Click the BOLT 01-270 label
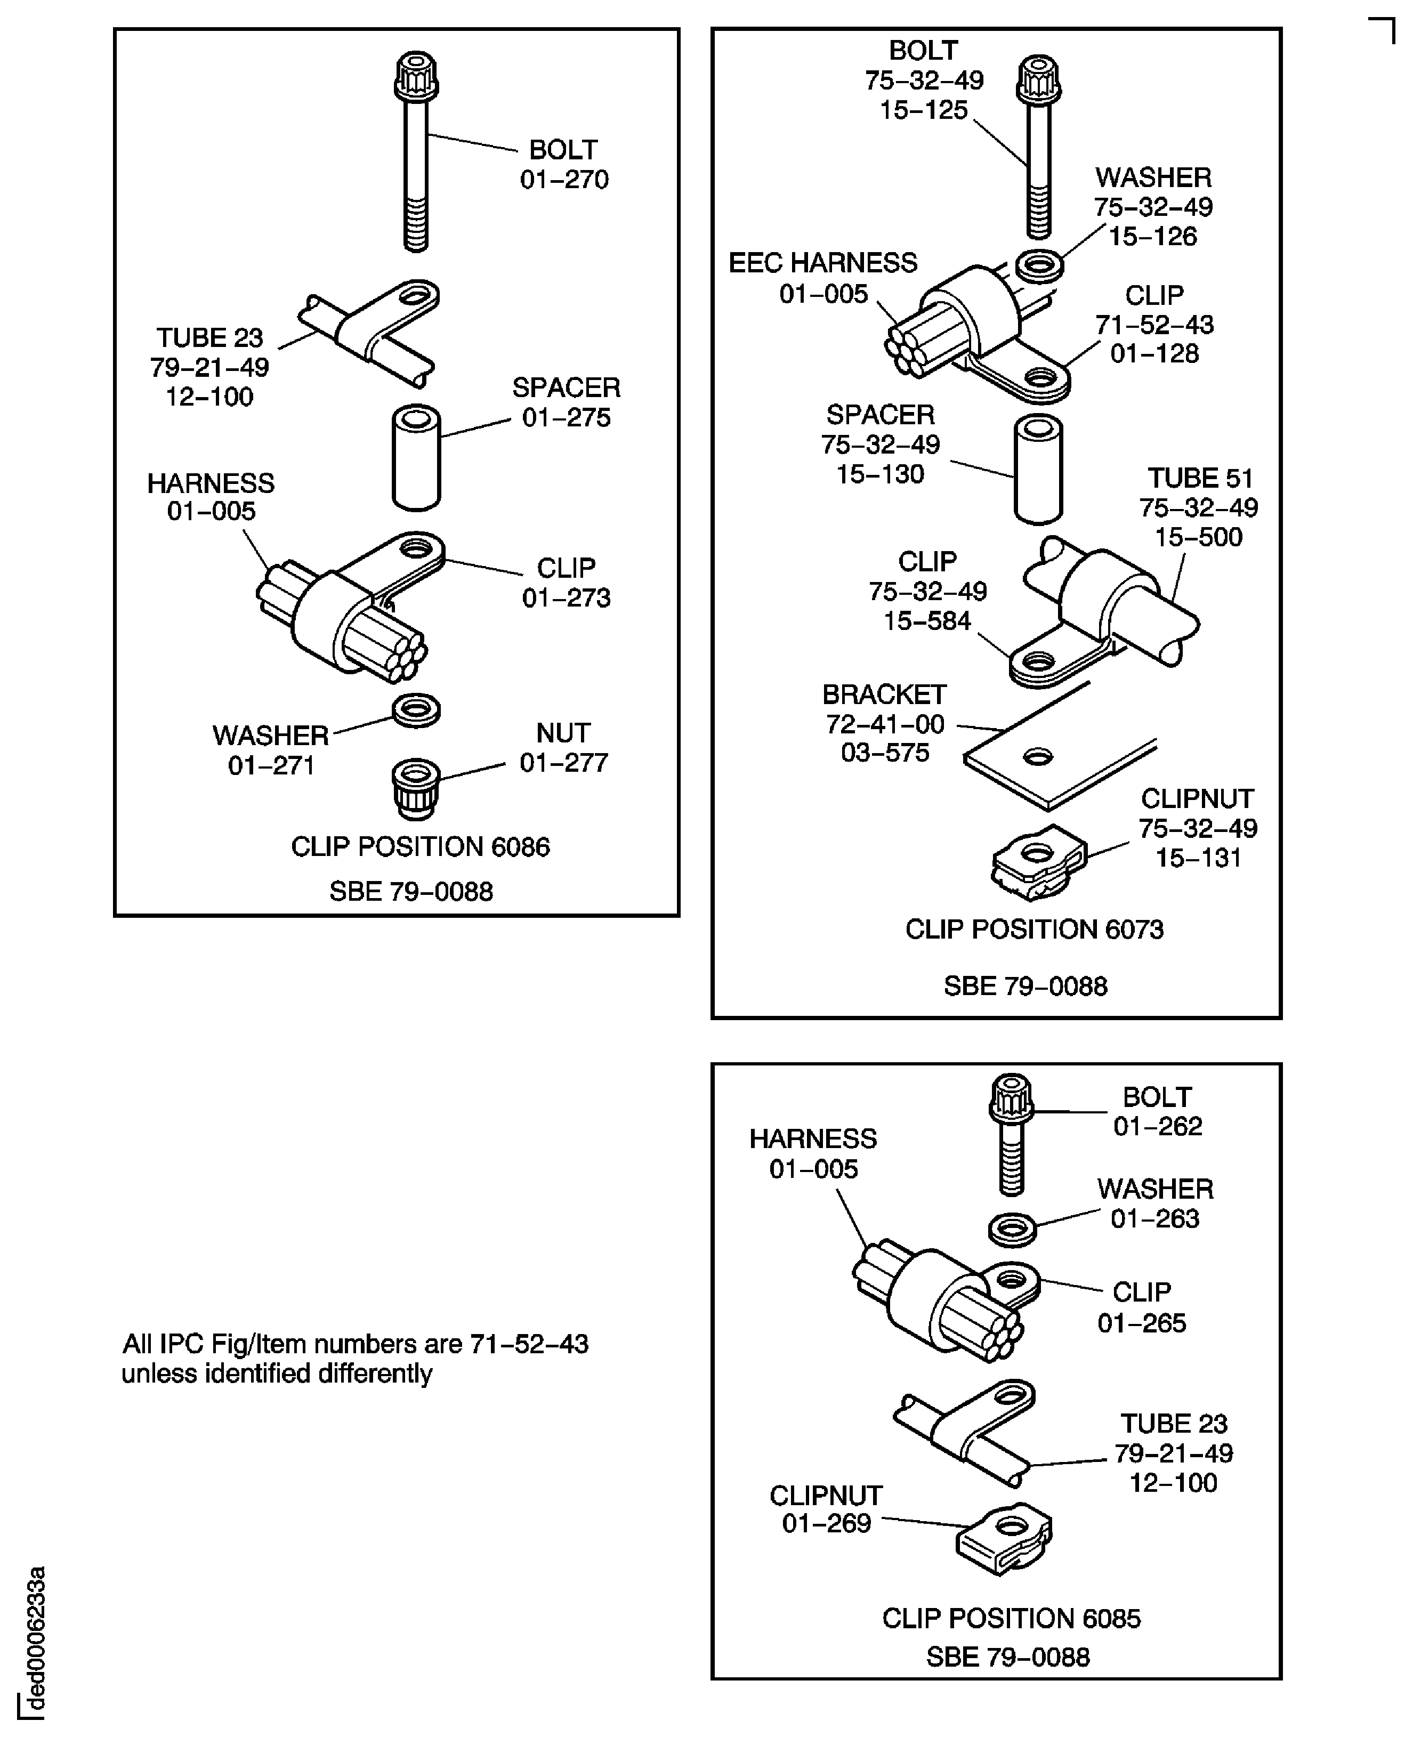[x=564, y=164]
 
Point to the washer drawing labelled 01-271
[x=417, y=710]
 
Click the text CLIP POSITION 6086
[x=420, y=846]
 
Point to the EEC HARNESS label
[x=823, y=278]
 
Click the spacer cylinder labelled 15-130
[x=1038, y=470]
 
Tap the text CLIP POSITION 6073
[x=1035, y=929]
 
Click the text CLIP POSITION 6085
[x=1011, y=1618]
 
